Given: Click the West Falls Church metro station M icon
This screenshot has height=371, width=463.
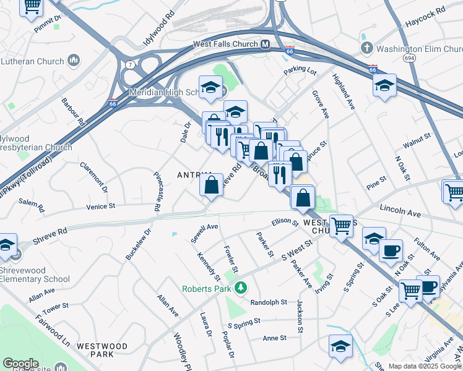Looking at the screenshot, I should pyautogui.click(x=265, y=45).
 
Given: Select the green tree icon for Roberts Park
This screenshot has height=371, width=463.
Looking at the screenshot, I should pyautogui.click(x=243, y=288).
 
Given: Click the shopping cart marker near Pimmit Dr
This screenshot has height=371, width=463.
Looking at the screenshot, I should pyautogui.click(x=31, y=7).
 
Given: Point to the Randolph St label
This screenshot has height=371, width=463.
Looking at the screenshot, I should pyautogui.click(x=269, y=302).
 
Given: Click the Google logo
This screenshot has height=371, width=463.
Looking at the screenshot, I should pyautogui.click(x=20, y=364).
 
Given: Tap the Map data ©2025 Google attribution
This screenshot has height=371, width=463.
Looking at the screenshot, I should pyautogui.click(x=425, y=366).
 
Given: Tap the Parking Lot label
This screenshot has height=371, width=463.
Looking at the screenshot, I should pyautogui.click(x=300, y=72).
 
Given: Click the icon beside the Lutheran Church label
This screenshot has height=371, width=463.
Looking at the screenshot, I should pyautogui.click(x=74, y=61).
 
